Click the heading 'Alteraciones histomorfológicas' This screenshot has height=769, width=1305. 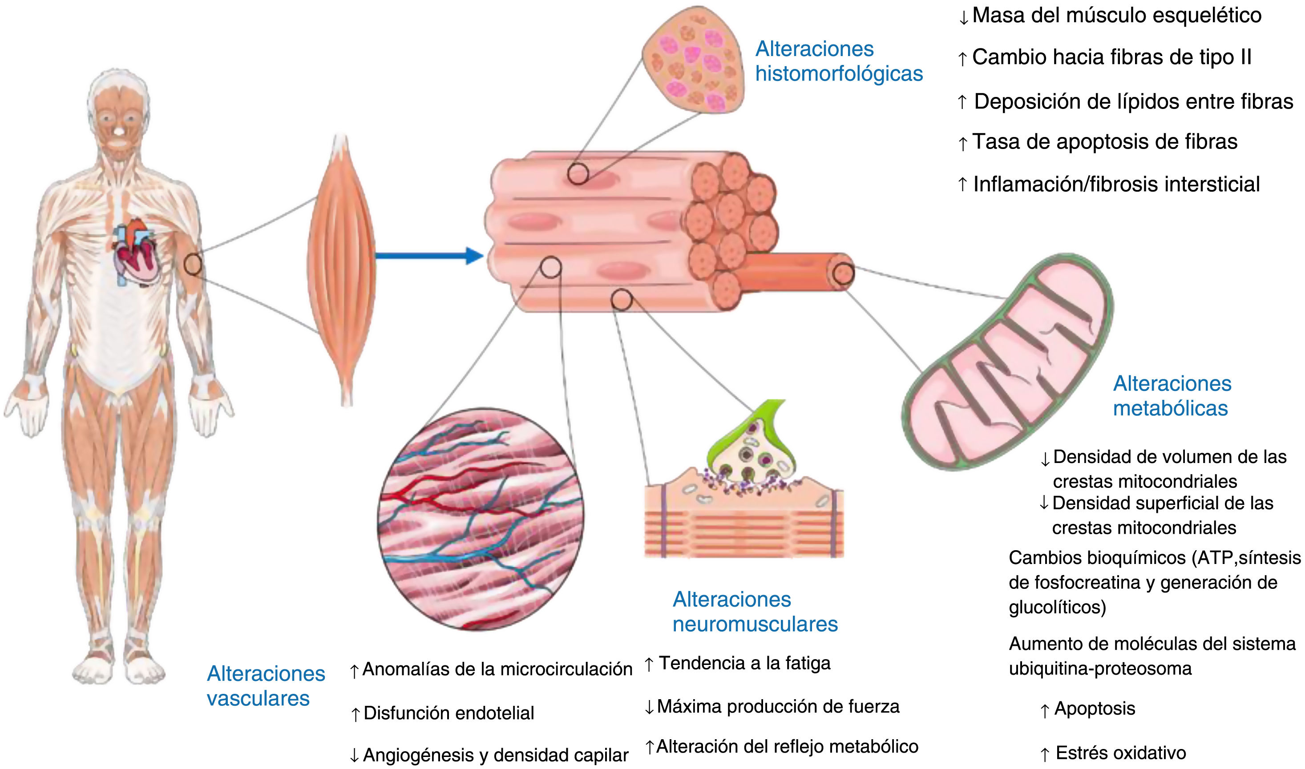coord(839,61)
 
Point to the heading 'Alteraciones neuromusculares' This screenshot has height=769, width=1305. coord(755,612)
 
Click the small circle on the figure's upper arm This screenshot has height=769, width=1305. coord(193,264)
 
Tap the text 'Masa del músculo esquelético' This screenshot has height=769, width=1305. coord(1116,16)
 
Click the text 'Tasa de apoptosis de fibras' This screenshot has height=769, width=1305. coord(1104,141)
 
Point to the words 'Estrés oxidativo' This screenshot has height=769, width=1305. coord(1120,753)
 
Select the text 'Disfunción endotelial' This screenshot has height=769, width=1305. coord(448,713)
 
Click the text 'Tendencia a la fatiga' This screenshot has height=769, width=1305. coord(744,663)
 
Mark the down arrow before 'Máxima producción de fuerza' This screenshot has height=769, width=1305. coord(649,707)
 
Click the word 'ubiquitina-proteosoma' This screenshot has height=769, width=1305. coord(1100,669)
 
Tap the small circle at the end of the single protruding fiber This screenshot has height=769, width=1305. coord(843,273)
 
